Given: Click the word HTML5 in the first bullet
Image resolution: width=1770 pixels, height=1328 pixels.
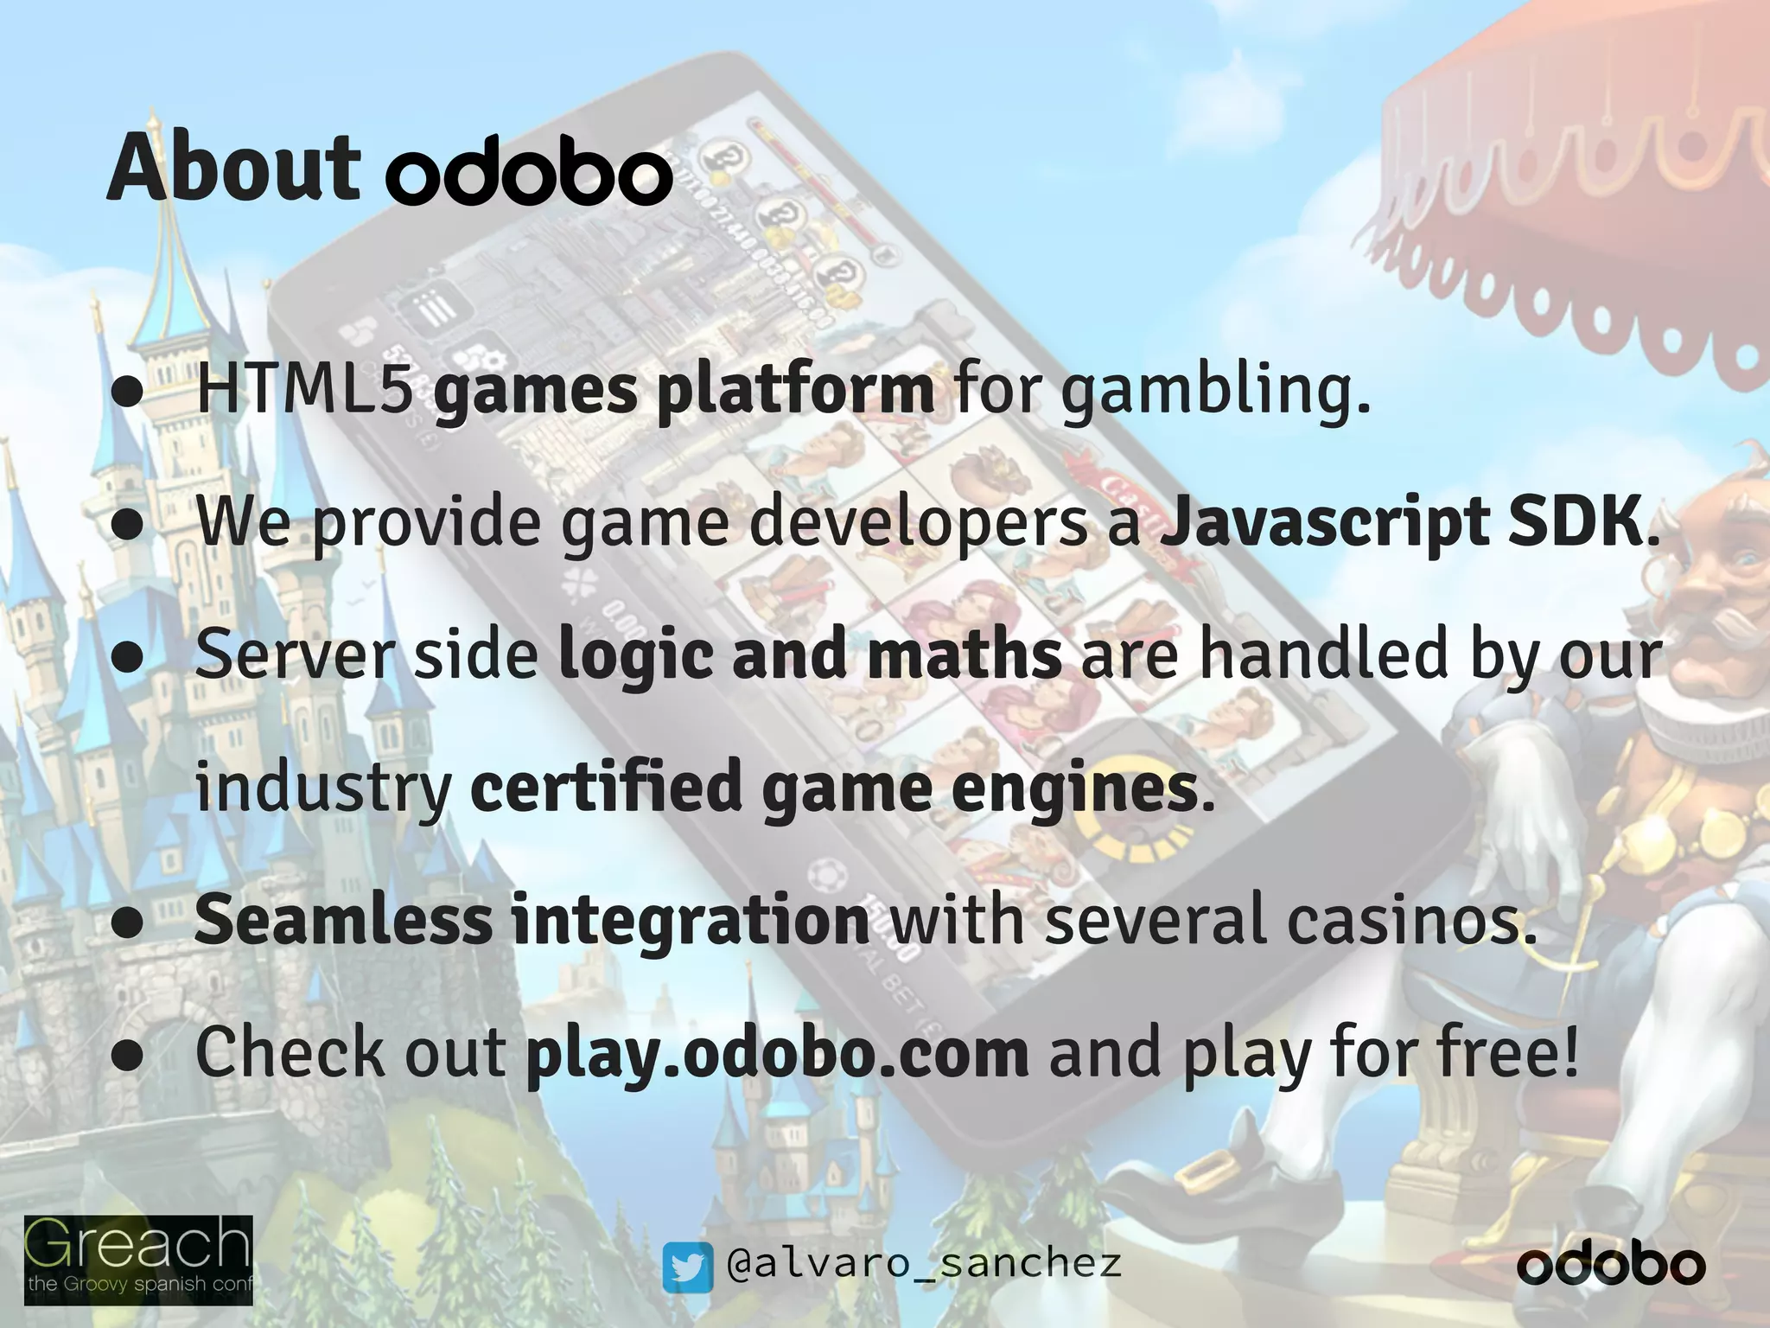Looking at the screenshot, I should pyautogui.click(x=304, y=391).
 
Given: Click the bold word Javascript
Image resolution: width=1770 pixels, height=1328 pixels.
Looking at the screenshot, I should pyautogui.click(x=1323, y=524).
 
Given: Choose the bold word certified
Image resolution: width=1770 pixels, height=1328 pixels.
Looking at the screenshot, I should pyautogui.click(x=605, y=788).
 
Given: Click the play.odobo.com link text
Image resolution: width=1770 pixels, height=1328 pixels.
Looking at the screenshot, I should pyautogui.click(x=777, y=1053).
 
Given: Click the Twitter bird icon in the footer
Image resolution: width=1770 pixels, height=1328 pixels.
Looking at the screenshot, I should pyautogui.click(x=687, y=1267).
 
